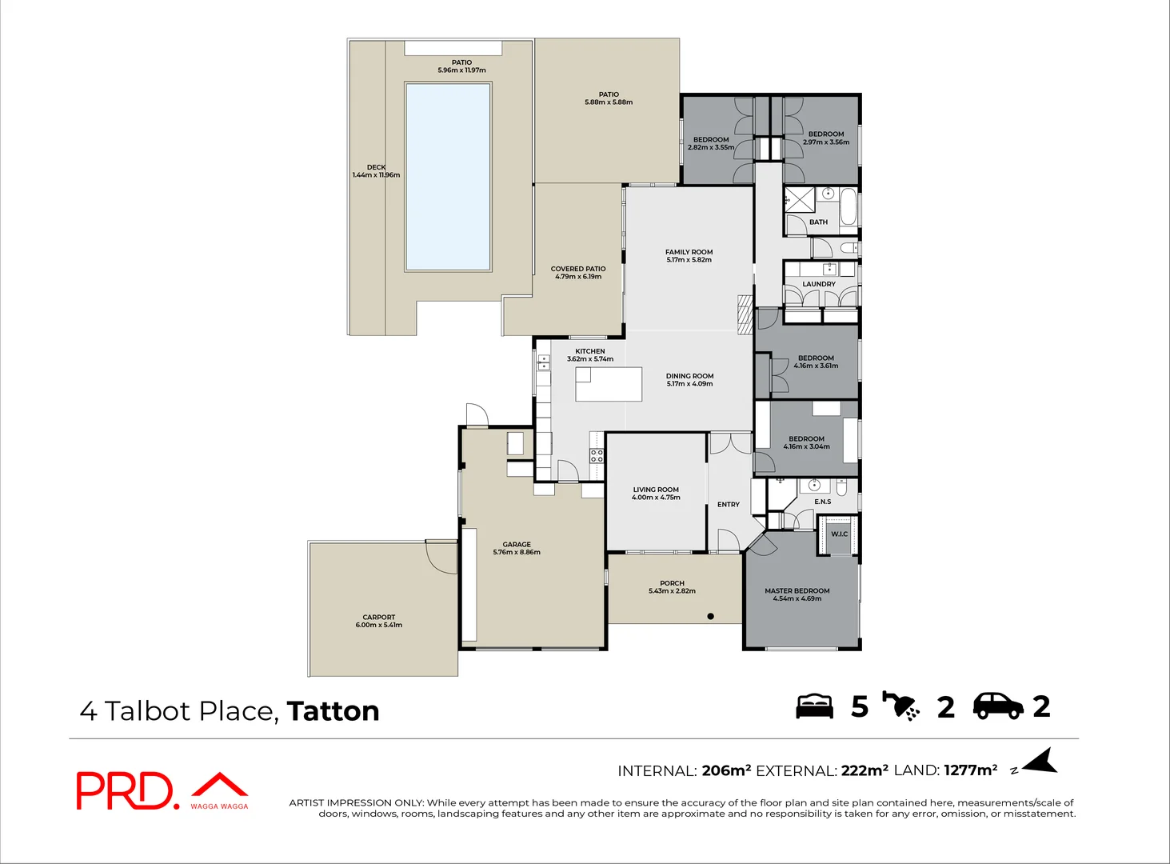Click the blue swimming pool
click(448, 176)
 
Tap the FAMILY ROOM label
click(689, 252)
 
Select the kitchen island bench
click(609, 384)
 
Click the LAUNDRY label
click(819, 284)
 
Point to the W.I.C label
click(839, 534)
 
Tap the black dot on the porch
click(710, 616)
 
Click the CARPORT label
click(378, 617)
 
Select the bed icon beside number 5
click(814, 706)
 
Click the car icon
click(997, 706)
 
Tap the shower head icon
click(901, 706)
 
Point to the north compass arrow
click(1040, 762)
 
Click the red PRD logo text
click(124, 791)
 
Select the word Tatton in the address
click(333, 711)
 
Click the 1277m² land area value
click(970, 770)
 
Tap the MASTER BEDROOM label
click(797, 590)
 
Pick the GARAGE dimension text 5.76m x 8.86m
click(517, 552)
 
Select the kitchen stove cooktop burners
click(597, 456)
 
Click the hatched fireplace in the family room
click(745, 313)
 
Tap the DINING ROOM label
click(689, 376)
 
